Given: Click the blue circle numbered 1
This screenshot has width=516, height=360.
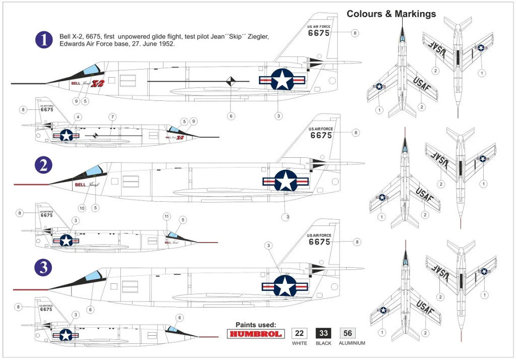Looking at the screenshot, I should [x=44, y=40].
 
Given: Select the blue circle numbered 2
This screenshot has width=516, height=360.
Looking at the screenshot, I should [x=44, y=165].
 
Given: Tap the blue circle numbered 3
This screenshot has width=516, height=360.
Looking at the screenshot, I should [x=44, y=267].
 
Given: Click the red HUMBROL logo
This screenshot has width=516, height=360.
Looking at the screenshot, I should [x=256, y=334].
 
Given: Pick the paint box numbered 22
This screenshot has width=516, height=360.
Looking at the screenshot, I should [x=299, y=333].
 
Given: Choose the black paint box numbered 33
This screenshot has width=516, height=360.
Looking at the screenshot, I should [x=324, y=333].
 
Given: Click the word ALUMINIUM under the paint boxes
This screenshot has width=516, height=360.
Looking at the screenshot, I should [x=352, y=343].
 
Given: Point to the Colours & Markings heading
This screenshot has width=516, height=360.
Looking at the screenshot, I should [x=391, y=14].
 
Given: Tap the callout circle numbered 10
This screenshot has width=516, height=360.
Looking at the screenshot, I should [x=82, y=207].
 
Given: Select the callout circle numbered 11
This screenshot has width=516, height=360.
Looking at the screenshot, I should [x=167, y=216].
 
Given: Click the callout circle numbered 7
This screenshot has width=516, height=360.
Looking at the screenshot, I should [x=112, y=117].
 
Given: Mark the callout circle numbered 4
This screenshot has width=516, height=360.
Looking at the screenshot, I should [x=77, y=117].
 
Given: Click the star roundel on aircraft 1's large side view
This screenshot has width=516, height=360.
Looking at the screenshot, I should [x=282, y=80].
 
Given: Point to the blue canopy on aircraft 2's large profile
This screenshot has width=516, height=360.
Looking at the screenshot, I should [x=94, y=171].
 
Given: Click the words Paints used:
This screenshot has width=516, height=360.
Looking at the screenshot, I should [x=256, y=325].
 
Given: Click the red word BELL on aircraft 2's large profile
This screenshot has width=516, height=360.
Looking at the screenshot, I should [x=80, y=185].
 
